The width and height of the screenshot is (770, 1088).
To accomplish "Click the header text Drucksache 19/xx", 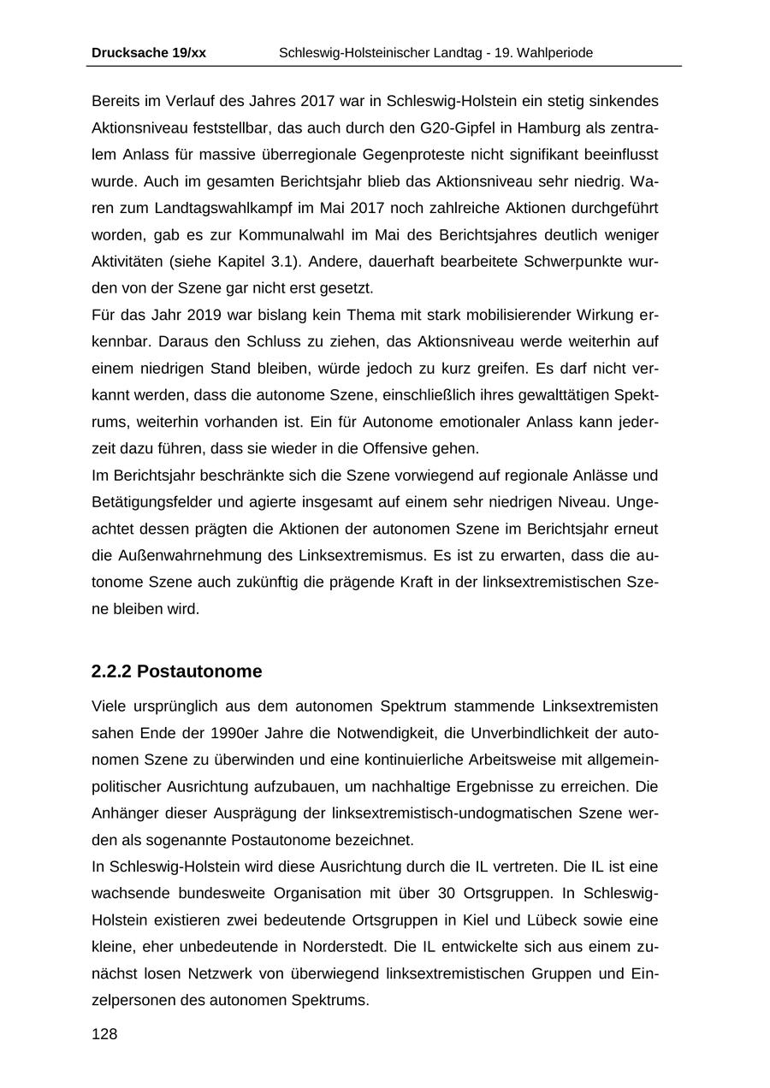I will tap(148, 53).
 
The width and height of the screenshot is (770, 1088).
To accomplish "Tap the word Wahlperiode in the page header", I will tap(556, 53).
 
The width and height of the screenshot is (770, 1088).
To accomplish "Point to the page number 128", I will tap(104, 1034).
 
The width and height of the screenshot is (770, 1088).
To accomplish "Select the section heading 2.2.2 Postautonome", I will tap(176, 671).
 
